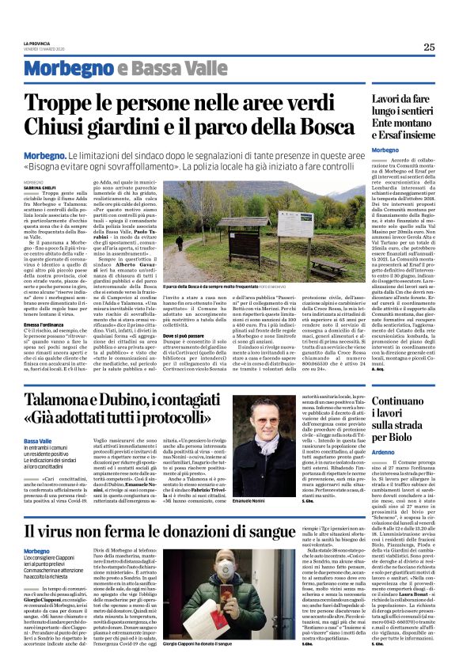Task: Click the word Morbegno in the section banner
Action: [x=78, y=70]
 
